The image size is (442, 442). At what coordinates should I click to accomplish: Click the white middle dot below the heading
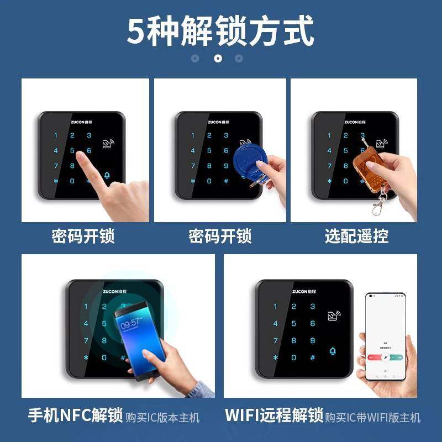click(218, 58)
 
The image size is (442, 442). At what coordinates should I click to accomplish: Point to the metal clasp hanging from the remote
click(377, 206)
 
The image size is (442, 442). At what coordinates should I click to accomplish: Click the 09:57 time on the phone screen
click(130, 323)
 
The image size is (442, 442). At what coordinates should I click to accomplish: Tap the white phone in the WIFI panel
click(385, 336)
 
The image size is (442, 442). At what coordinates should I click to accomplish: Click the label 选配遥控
click(357, 236)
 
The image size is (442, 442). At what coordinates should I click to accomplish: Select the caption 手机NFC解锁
click(75, 415)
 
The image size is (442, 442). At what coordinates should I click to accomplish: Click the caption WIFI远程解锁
click(274, 415)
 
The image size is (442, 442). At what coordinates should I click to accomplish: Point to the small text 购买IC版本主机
click(162, 417)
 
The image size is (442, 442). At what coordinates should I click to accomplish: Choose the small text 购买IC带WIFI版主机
click(372, 417)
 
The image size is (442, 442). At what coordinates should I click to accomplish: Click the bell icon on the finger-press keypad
click(107, 176)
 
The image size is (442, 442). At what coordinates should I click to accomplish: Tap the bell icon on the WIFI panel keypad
click(333, 351)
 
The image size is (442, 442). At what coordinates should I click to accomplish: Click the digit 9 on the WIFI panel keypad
click(312, 340)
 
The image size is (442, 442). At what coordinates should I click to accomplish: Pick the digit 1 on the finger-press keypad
click(55, 135)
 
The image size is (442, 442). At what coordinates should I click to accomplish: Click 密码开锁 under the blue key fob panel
click(220, 236)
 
